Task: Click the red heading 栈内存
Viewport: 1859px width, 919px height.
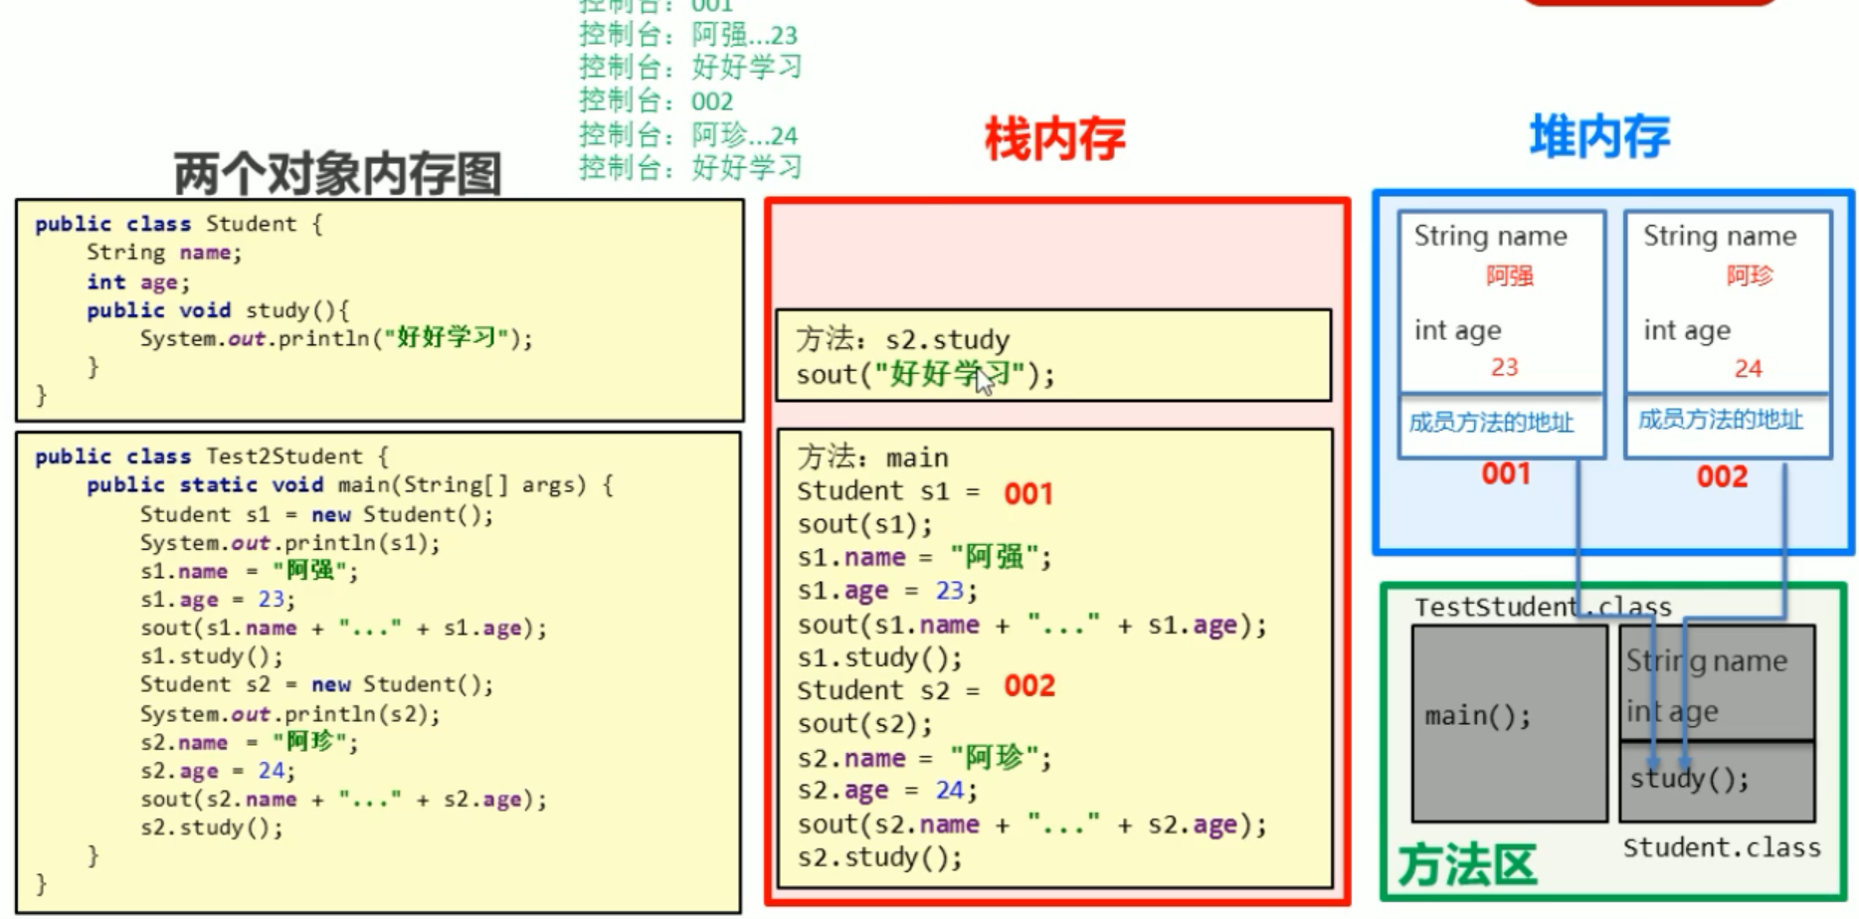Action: coord(1055,138)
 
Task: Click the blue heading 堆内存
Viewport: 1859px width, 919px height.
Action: coord(1599,135)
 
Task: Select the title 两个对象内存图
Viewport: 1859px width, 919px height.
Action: coord(337,174)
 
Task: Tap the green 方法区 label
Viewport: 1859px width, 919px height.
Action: coord(1467,863)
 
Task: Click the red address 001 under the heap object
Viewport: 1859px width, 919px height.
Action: coord(1506,473)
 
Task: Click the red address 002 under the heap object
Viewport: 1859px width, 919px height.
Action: coord(1722,476)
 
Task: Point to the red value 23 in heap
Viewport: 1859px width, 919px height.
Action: coord(1504,367)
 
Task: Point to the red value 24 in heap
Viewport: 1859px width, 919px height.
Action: coord(1748,368)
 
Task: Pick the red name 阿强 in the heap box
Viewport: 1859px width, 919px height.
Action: coord(1509,276)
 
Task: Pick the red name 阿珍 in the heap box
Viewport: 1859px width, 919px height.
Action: coord(1750,276)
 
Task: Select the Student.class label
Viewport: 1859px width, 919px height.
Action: coord(1722,847)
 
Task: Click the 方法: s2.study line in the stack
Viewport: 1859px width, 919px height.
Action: coord(902,339)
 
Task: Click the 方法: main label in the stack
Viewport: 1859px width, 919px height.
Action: coord(872,458)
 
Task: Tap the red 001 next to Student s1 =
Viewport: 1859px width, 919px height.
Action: coord(1027,493)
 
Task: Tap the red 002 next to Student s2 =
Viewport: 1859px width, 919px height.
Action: coord(1028,686)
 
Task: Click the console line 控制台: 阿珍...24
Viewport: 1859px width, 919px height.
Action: coord(688,134)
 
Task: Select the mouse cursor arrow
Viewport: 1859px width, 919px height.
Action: coord(984,380)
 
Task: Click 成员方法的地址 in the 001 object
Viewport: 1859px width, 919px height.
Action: coord(1491,423)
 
